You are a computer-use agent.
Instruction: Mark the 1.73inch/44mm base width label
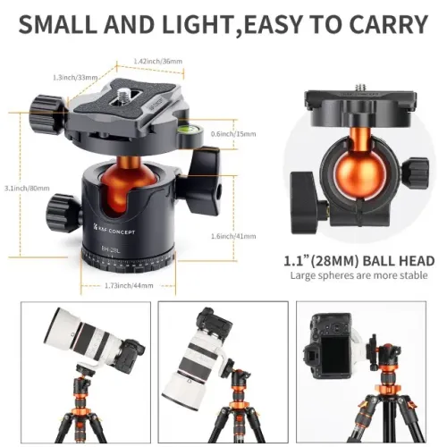[x=130, y=285]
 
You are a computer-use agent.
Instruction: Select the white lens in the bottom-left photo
[x=75, y=339]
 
